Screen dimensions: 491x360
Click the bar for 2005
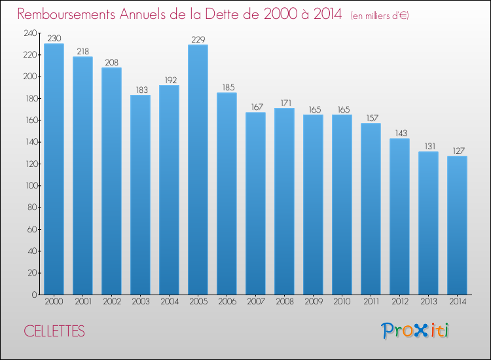pyautogui.click(x=198, y=170)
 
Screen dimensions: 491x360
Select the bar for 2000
pyautogui.click(x=54, y=169)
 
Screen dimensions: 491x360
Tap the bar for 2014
pyautogui.click(x=457, y=225)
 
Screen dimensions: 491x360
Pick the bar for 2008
pyautogui.click(x=284, y=202)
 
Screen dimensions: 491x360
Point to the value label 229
pyautogui.click(x=198, y=39)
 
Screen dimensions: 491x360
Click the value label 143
pyautogui.click(x=401, y=134)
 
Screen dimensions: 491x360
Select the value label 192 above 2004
pyautogui.click(x=171, y=80)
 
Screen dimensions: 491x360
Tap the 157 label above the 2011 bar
pyautogui.click(x=373, y=118)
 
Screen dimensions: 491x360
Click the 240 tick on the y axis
pyautogui.click(x=30, y=33)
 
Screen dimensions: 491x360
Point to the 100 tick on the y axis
pyautogui.click(x=31, y=186)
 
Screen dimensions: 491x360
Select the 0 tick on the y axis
pyautogui.click(x=35, y=295)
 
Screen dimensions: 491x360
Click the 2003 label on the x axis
pyautogui.click(x=141, y=302)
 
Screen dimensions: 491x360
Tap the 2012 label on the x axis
pyautogui.click(x=400, y=302)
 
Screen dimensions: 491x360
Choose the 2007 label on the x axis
pyautogui.click(x=256, y=302)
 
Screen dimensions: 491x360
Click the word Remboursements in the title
pyautogui.click(x=66, y=14)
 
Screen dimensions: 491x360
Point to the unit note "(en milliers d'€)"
pyautogui.click(x=380, y=16)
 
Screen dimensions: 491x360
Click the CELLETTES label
pyautogui.click(x=54, y=331)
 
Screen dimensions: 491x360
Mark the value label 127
pyautogui.click(x=459, y=151)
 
